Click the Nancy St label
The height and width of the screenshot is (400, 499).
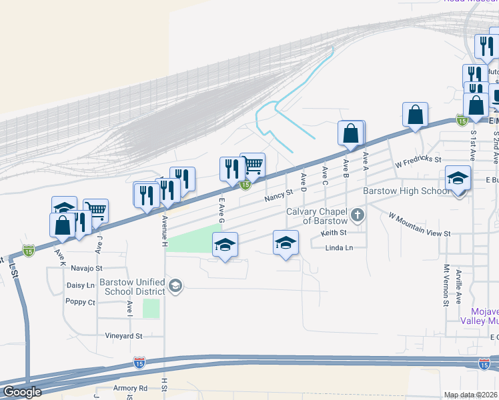click(x=278, y=195)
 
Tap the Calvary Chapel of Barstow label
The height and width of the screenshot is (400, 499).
click(x=317, y=216)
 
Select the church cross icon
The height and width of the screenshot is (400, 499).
click(x=358, y=215)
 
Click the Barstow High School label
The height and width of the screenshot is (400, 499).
click(x=406, y=191)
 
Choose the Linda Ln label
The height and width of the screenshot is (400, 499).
click(x=338, y=248)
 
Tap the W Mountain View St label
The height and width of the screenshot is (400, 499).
click(x=420, y=225)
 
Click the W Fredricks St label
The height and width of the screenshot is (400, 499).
click(x=418, y=161)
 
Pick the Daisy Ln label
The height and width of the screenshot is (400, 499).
click(x=81, y=285)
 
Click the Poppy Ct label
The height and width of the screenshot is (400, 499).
click(x=81, y=302)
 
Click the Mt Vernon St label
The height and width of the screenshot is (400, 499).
click(x=446, y=285)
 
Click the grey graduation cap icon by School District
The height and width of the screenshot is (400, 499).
click(x=175, y=287)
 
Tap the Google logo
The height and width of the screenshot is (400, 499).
click(x=22, y=391)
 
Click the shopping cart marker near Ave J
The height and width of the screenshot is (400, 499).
click(x=96, y=211)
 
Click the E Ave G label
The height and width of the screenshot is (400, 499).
click(x=221, y=210)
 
